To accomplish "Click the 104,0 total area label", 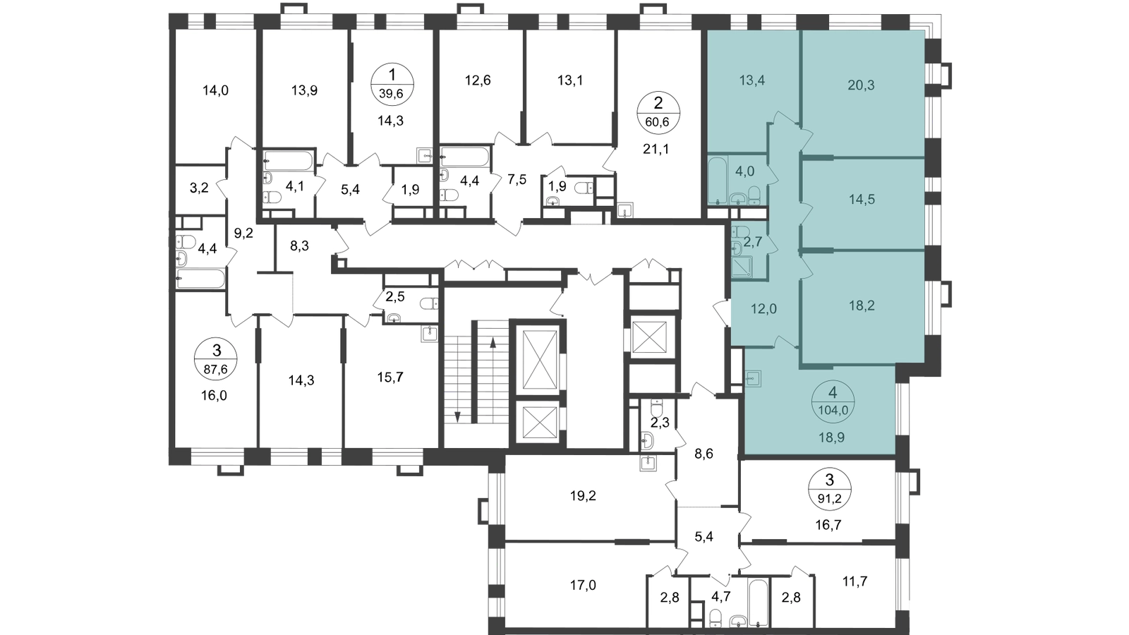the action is pyautogui.click(x=833, y=410).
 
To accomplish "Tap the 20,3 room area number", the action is pyautogui.click(x=861, y=85).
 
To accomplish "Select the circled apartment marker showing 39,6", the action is pyautogui.click(x=392, y=84).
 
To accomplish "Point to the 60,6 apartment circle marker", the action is pyautogui.click(x=658, y=113).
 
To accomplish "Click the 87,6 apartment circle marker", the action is pyautogui.click(x=216, y=359).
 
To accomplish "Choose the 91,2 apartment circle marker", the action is pyautogui.click(x=830, y=488).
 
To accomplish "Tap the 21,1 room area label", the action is pyautogui.click(x=656, y=149).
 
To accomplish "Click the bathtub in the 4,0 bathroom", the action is pyautogui.click(x=717, y=181).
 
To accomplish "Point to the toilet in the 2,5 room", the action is pyautogui.click(x=429, y=303).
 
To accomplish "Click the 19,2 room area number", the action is pyautogui.click(x=583, y=496).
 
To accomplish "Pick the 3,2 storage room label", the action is pyautogui.click(x=198, y=188).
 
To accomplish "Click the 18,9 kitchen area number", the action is pyautogui.click(x=832, y=437).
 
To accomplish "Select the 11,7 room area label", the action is pyautogui.click(x=855, y=581).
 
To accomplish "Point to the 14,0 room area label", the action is pyautogui.click(x=215, y=91).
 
